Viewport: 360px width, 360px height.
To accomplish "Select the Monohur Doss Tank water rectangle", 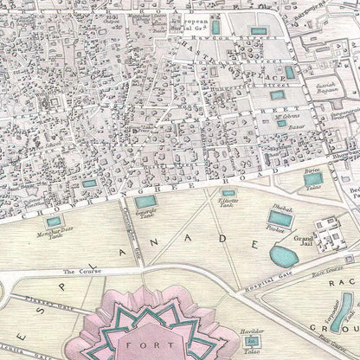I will click(x=55, y=222).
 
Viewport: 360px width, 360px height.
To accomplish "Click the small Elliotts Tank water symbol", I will click(x=228, y=194).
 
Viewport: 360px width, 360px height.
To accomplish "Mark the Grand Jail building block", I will click(x=327, y=230).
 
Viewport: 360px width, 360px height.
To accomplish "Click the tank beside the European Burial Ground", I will click(x=215, y=27).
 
